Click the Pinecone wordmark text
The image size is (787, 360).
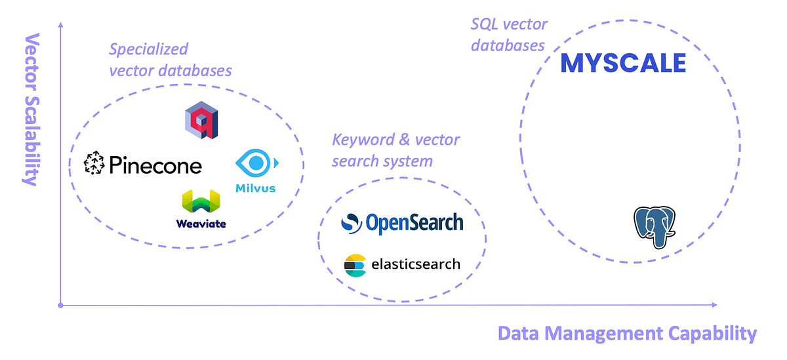pos(155,165)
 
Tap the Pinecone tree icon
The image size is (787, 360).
pos(94,165)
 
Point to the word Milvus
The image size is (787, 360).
pos(255,188)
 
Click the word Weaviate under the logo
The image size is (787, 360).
pos(201,224)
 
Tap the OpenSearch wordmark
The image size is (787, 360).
pos(414,223)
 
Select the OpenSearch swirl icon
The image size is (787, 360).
pos(352,223)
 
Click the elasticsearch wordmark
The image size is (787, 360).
pos(416,264)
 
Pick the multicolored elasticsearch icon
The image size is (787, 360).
pos(355,265)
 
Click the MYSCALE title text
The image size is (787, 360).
pos(623,63)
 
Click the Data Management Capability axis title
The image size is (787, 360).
pos(627,333)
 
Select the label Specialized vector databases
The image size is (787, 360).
pos(170,60)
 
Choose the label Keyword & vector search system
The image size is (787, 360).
pos(395,150)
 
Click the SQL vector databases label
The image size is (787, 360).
pos(508,35)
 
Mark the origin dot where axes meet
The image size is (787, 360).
pos(60,305)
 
